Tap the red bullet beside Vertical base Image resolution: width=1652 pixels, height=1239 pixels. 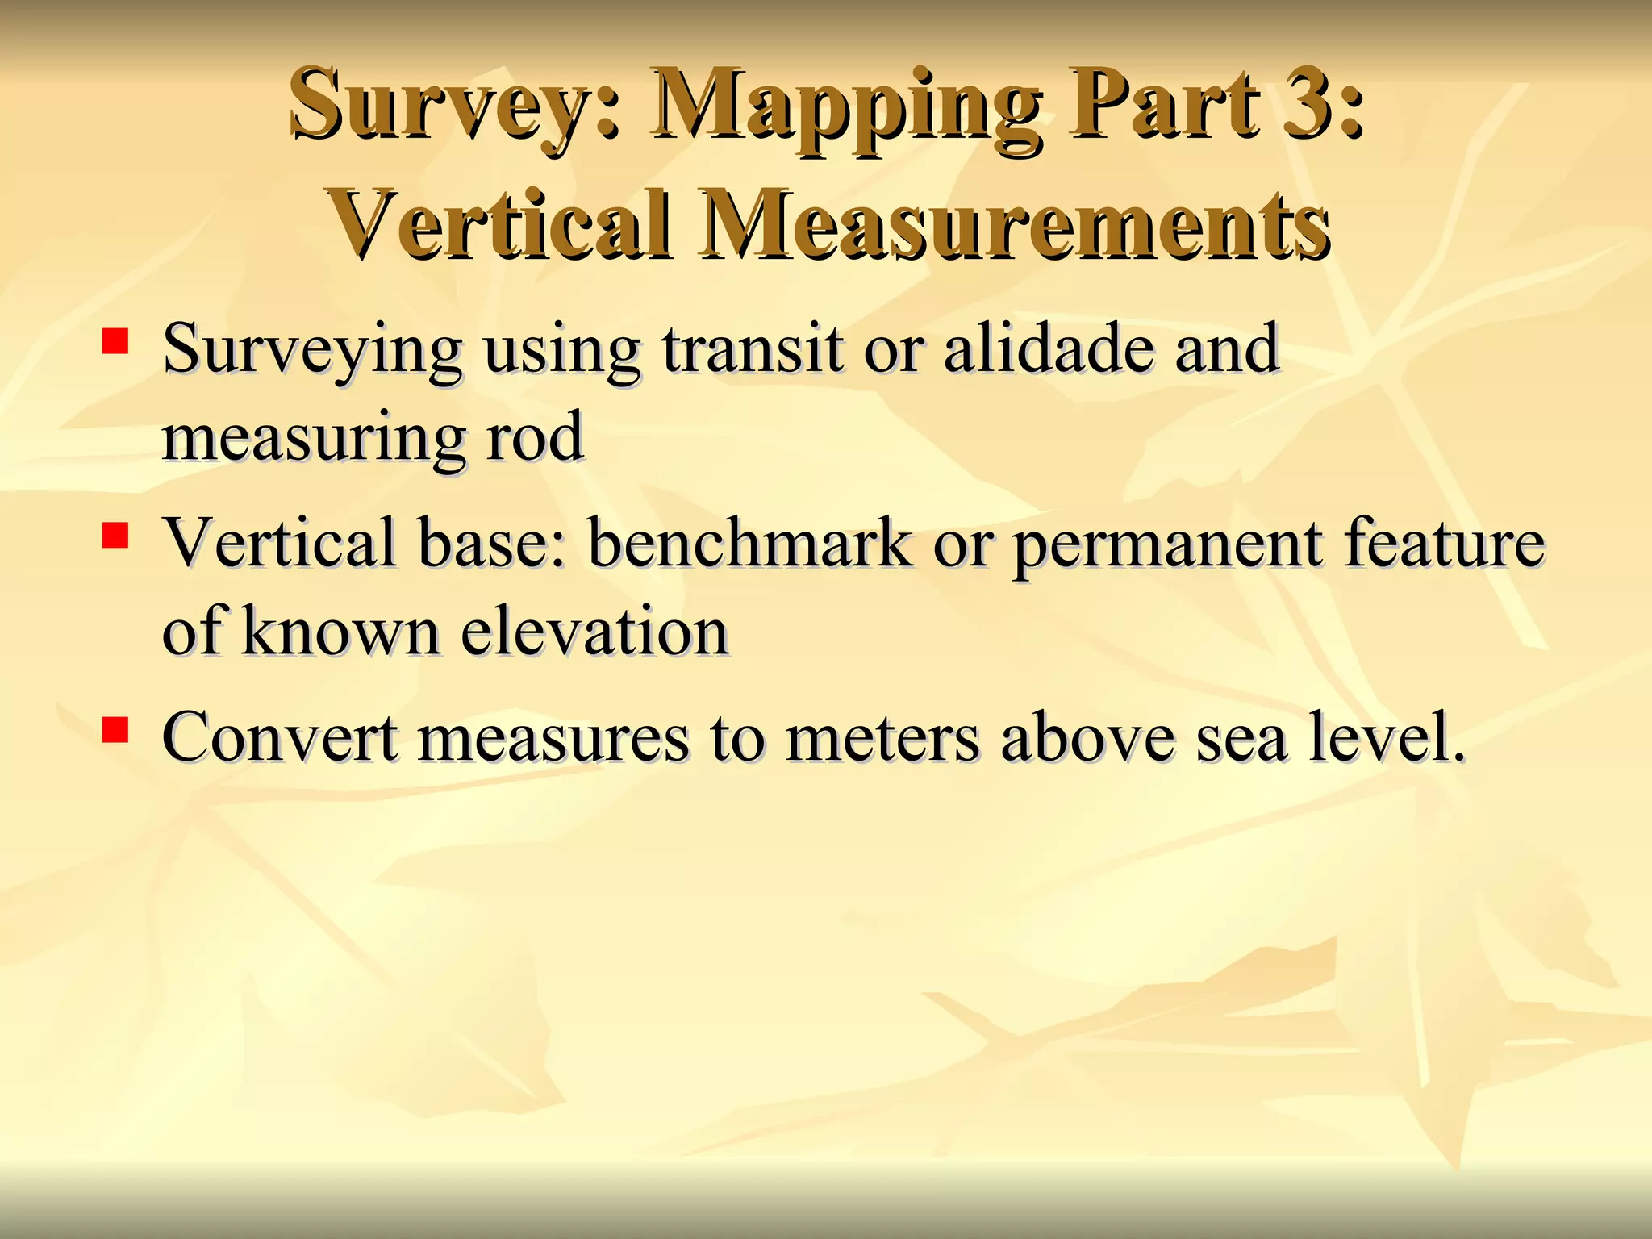click(115, 534)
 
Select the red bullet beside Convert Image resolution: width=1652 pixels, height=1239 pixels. click(115, 728)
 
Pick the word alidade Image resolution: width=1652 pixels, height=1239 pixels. click(1048, 349)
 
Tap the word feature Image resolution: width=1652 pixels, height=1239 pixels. click(1444, 543)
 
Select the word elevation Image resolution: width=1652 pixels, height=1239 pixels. click(595, 632)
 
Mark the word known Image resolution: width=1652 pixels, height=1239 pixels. click(340, 632)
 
